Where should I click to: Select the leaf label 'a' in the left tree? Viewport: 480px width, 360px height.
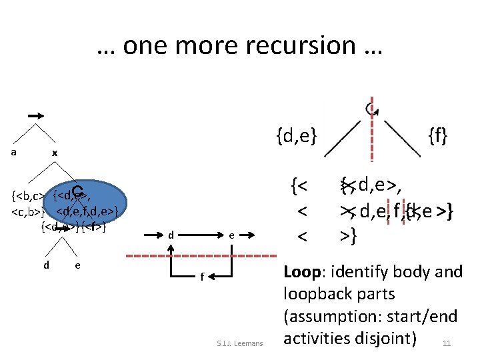click(x=14, y=152)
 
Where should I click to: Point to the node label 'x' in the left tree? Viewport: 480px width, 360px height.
click(x=55, y=153)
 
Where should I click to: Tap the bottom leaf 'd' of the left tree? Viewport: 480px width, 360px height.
click(x=45, y=265)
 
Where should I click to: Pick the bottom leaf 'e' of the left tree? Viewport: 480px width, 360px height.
click(x=79, y=265)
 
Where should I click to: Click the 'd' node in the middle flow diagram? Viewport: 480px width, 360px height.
click(x=171, y=235)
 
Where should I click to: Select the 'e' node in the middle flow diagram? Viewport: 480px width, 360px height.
click(x=231, y=235)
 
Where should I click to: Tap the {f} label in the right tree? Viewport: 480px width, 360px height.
click(x=438, y=138)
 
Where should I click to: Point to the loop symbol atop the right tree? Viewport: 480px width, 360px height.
click(x=371, y=107)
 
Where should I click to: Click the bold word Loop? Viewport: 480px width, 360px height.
click(x=305, y=272)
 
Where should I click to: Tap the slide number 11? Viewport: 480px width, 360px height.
click(x=447, y=344)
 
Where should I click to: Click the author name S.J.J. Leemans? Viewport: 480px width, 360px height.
click(x=241, y=344)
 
